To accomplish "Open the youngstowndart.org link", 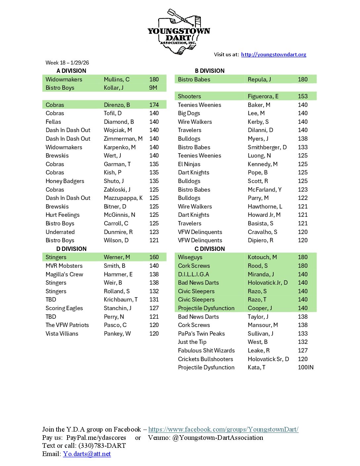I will [273, 55].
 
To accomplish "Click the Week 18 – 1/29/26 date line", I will [67, 63].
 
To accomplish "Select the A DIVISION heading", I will [71, 71].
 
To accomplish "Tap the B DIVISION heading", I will [209, 71].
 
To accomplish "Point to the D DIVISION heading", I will [71, 249].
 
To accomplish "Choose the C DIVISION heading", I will [209, 249].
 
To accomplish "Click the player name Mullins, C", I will [116, 79].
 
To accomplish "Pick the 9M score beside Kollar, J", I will [153, 88].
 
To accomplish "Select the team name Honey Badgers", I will [65, 181].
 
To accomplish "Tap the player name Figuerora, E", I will [263, 96].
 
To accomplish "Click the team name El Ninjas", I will [189, 164].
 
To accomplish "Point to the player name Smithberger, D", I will [267, 147].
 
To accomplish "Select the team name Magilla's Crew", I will [64, 274].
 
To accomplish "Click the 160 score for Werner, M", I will [154, 257].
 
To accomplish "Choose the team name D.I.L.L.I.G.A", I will [193, 274].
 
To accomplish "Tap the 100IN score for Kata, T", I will [305, 367].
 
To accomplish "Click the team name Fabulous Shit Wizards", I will [206, 350].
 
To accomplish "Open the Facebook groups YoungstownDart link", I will [223, 430].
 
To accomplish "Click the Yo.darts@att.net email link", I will [87, 454].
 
